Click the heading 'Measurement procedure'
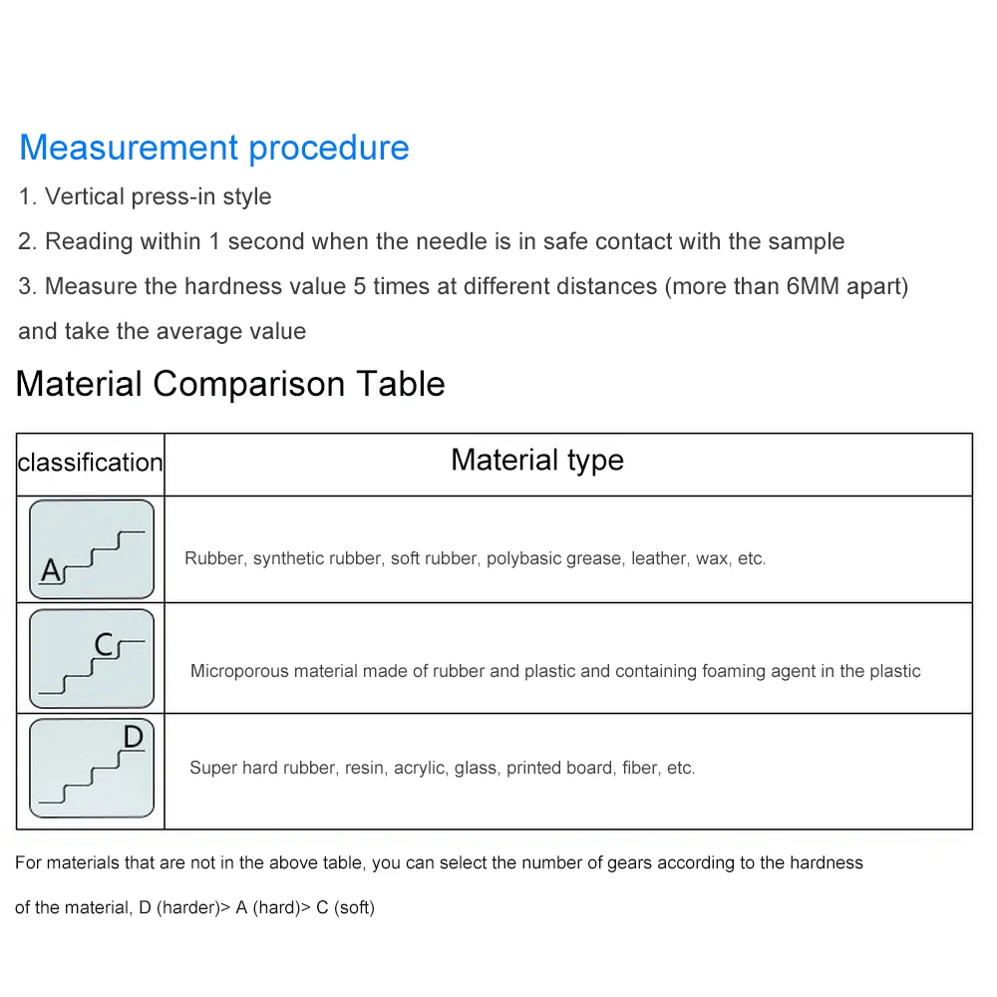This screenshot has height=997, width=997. click(214, 148)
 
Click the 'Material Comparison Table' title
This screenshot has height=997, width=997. click(230, 384)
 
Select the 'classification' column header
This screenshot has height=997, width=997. click(90, 463)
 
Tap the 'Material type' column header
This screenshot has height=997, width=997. click(537, 460)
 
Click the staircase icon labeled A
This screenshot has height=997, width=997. click(92, 549)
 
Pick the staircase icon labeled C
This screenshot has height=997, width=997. click(92, 659)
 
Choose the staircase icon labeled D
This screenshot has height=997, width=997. click(92, 768)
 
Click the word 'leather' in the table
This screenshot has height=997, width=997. click(658, 558)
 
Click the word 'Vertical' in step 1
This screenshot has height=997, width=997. click(85, 196)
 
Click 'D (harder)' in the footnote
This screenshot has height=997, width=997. click(178, 907)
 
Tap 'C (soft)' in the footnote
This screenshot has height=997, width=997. click(345, 907)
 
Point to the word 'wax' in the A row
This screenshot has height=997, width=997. click(712, 558)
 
